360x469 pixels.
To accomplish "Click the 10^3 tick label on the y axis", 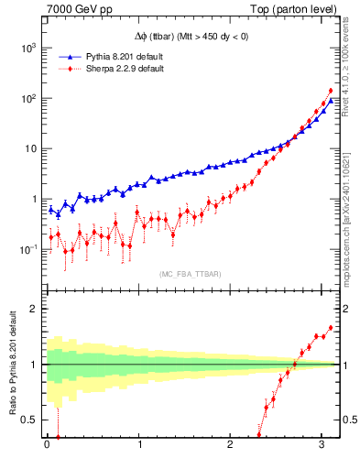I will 28,48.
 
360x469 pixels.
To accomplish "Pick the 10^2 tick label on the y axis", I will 28,98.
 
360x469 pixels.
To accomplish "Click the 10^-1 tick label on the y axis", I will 28,249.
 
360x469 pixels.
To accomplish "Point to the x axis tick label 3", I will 322,446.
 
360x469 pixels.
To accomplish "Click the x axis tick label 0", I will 47,446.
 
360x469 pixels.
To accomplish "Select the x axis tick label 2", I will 230,446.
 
